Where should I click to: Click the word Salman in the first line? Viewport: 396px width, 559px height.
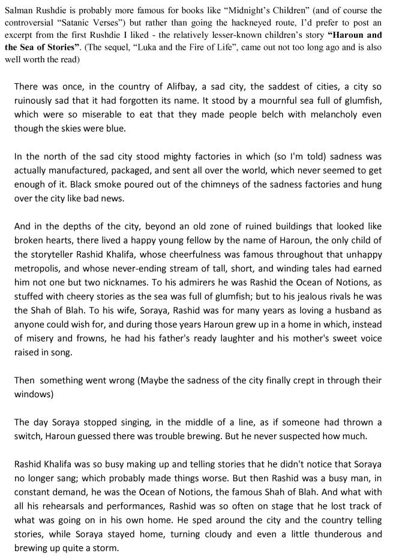point(19,10)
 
